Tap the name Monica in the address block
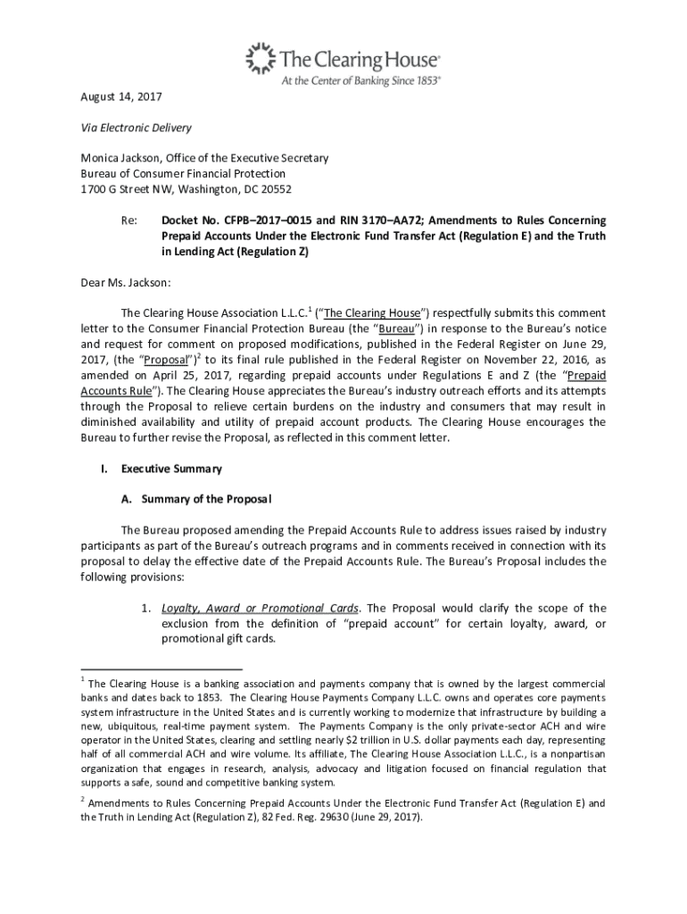(x=101, y=158)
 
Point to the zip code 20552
(x=275, y=189)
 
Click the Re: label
(x=128, y=220)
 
